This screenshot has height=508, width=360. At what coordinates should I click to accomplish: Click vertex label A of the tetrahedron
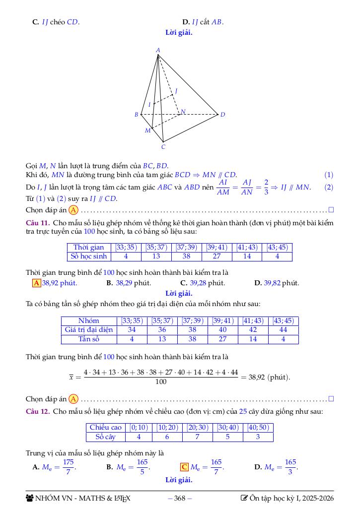click(158, 50)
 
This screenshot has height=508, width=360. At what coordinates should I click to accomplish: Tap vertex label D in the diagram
click(222, 115)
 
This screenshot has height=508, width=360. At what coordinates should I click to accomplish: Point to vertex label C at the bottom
click(163, 147)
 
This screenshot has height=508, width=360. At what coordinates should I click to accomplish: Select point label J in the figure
click(176, 91)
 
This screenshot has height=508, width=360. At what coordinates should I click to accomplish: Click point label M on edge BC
click(147, 130)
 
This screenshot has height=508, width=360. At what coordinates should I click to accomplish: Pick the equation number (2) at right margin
click(329, 187)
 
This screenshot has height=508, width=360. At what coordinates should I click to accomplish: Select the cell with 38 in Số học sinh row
click(186, 256)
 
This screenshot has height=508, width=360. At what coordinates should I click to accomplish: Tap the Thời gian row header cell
click(89, 247)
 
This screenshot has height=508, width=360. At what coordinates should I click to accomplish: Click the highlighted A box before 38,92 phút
click(36, 283)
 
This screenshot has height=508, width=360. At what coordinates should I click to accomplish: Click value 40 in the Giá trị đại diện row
click(222, 330)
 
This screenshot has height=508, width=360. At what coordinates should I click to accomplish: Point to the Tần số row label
click(89, 339)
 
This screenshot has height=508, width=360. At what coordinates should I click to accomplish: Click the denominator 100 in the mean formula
click(161, 382)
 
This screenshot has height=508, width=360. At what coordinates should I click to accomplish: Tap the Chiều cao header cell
click(105, 428)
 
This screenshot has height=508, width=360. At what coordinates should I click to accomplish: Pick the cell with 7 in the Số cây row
click(197, 437)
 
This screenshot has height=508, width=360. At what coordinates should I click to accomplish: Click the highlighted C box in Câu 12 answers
click(184, 467)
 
